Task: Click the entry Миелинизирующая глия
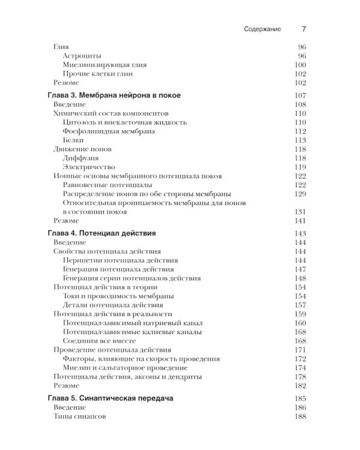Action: pos(104,65)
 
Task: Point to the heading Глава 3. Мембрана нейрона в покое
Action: pos(113,95)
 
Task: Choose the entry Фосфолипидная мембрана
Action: pos(109,131)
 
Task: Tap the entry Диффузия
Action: pos(81,158)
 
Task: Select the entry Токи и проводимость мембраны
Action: pos(118,296)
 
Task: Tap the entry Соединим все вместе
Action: pos(100,341)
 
